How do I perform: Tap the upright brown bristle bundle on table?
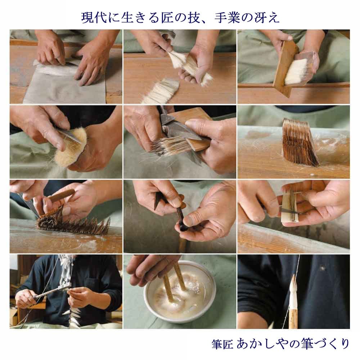point(300,142)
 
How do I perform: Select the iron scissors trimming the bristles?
point(176,130)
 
